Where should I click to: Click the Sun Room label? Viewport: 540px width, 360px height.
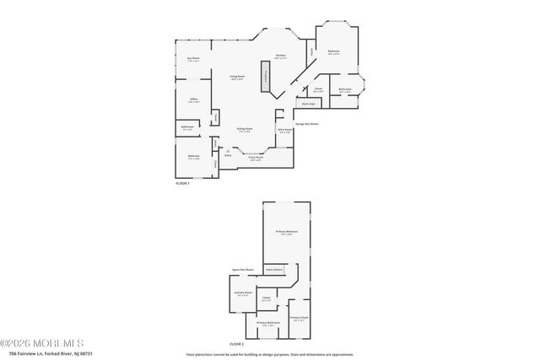pyautogui.click(x=193, y=59)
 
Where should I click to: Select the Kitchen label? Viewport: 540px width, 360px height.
pyautogui.click(x=281, y=56)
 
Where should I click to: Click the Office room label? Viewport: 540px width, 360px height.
pyautogui.click(x=193, y=100)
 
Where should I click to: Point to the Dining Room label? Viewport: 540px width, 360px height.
pyautogui.click(x=245, y=130)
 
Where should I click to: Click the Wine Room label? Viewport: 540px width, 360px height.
pyautogui.click(x=285, y=131)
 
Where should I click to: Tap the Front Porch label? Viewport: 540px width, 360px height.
pyautogui.click(x=256, y=158)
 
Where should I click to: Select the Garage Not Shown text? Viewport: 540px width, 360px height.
pyautogui.click(x=307, y=123)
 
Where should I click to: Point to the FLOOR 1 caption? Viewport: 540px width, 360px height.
pyautogui.click(x=183, y=184)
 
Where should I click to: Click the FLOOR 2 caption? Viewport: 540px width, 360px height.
pyautogui.click(x=237, y=344)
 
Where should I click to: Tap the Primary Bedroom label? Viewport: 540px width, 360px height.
pyautogui.click(x=287, y=232)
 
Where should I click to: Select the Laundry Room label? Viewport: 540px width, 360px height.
pyautogui.click(x=244, y=293)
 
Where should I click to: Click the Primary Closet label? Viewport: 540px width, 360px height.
pyautogui.click(x=300, y=318)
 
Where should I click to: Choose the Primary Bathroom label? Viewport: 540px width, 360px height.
pyautogui.click(x=268, y=322)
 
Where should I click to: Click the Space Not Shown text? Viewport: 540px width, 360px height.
pyautogui.click(x=243, y=270)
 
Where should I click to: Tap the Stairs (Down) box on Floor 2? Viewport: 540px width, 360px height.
pyautogui.click(x=274, y=270)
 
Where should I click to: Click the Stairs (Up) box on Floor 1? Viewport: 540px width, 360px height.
pyautogui.click(x=305, y=105)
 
